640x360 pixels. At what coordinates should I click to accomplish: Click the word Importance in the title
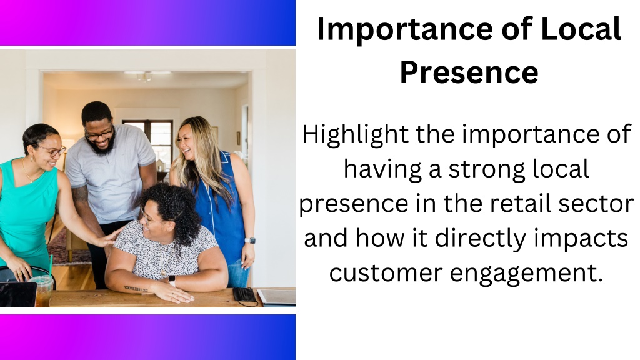pyautogui.click(x=405, y=30)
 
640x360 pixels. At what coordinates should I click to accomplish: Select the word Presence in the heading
pyautogui.click(x=469, y=72)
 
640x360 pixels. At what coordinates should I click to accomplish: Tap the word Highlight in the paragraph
pyautogui.click(x=355, y=135)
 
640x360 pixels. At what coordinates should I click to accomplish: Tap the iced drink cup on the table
pyautogui.click(x=42, y=291)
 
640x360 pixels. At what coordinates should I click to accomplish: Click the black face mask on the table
pyautogui.click(x=245, y=295)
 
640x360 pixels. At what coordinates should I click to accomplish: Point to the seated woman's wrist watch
pyautogui.click(x=172, y=281)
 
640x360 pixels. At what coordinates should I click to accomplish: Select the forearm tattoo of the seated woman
pyautogui.click(x=136, y=289)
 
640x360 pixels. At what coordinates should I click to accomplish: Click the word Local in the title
pyautogui.click(x=581, y=30)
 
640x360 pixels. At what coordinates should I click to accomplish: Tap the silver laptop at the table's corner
pyautogui.click(x=277, y=297)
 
